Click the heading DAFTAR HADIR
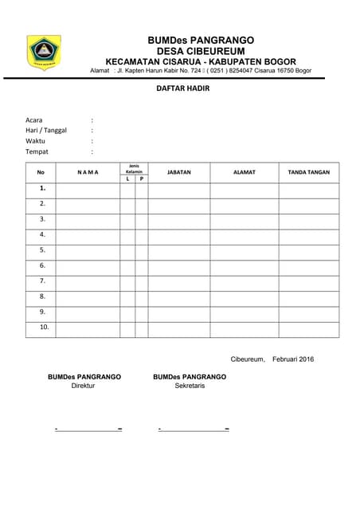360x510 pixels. coord(182,89)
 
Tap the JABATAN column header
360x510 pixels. coord(179,172)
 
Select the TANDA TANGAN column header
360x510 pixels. coord(308,172)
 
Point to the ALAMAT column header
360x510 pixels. coord(244,172)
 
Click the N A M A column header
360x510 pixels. coord(88,172)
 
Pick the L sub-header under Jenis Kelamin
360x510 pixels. coord(127,179)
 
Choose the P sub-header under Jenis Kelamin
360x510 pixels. coord(141,179)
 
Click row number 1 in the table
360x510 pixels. coord(42,189)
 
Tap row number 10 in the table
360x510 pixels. coord(44,327)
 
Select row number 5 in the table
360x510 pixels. coord(42,250)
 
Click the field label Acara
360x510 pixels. coord(33,120)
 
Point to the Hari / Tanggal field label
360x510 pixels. coord(46,130)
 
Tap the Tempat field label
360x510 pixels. coord(37,151)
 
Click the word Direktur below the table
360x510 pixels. coord(83,386)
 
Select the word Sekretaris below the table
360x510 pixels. coord(190,386)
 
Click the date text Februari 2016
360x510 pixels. coord(293,359)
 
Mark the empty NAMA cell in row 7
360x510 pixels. coord(88,281)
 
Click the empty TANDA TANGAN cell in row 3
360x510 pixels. coord(308,219)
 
